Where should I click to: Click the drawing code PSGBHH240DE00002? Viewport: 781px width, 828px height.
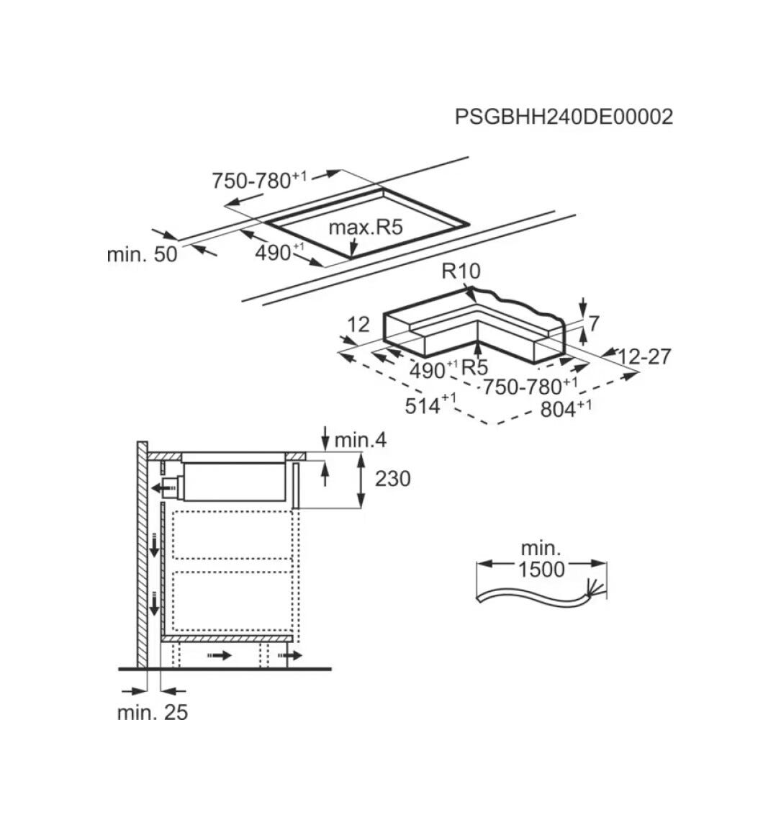(564, 117)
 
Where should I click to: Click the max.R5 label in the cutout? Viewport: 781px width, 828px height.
(366, 227)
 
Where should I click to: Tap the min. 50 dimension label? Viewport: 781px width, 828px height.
(142, 255)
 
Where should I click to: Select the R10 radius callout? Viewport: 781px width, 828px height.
(461, 271)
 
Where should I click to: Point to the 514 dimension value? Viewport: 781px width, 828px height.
(430, 405)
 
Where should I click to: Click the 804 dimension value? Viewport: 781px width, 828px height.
(566, 408)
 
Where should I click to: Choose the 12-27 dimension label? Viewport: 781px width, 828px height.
(644, 357)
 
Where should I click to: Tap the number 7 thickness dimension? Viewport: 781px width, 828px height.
(594, 323)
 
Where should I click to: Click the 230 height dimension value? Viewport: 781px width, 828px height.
(392, 479)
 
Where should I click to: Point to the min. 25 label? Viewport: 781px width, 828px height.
(152, 712)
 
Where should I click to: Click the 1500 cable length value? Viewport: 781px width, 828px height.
(541, 570)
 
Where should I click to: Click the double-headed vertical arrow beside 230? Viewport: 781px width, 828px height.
(361, 480)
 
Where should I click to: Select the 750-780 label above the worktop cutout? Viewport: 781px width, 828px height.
(258, 179)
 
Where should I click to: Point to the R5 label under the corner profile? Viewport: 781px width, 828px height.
(474, 367)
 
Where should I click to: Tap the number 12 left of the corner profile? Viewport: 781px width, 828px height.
(358, 324)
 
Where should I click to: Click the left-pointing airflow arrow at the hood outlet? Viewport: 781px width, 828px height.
(163, 487)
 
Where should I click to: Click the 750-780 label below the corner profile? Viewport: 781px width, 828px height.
(531, 386)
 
